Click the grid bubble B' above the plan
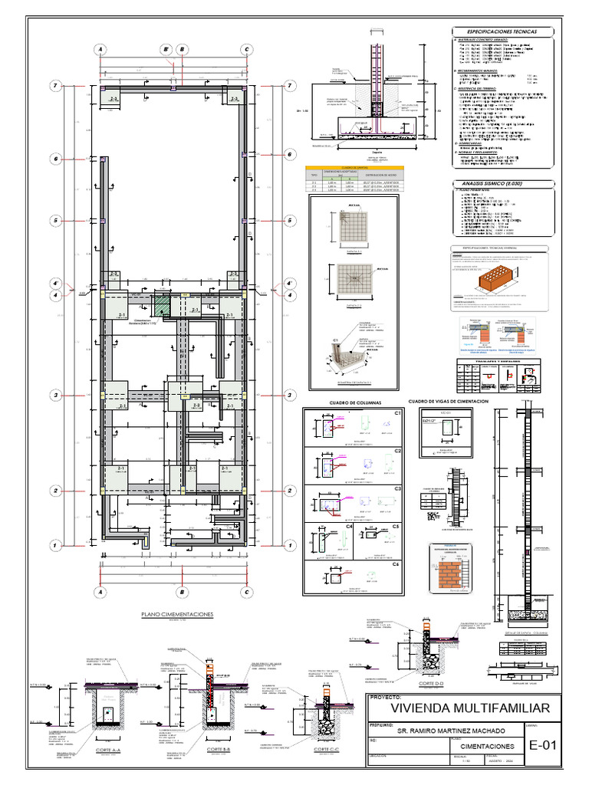pyautogui.click(x=166, y=50)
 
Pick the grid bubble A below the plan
pyautogui.click(x=100, y=592)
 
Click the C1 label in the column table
pyautogui.click(x=397, y=414)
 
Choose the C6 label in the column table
pyautogui.click(x=397, y=564)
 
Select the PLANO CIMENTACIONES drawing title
pyautogui.click(x=177, y=614)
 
